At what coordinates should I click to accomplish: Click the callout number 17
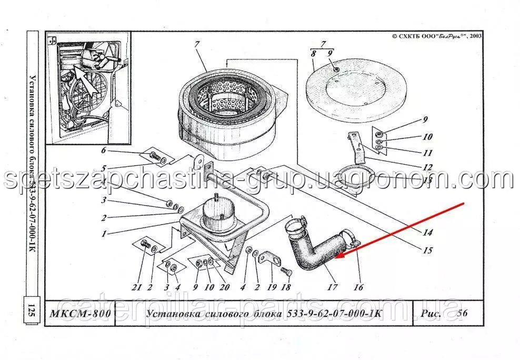(332, 286)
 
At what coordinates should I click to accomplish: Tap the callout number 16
(358, 286)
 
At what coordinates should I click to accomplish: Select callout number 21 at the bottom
(137, 287)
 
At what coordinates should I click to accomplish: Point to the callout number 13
(427, 181)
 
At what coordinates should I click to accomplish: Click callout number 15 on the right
(428, 249)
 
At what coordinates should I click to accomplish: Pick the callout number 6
(104, 150)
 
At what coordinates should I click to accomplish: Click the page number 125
(32, 312)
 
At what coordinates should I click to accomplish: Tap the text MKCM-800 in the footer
(80, 313)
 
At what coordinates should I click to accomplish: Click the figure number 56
(462, 313)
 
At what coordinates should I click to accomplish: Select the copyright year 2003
(475, 36)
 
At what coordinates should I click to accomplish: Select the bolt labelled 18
(286, 273)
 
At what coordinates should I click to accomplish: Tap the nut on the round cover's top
(336, 69)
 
